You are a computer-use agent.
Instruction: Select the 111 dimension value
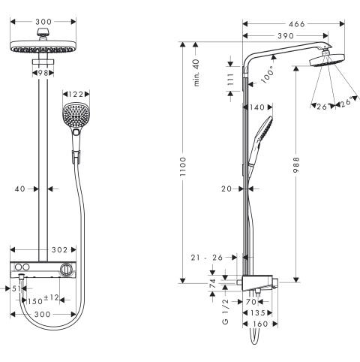[x=231, y=80]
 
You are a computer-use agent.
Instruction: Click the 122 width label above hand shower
[x=75, y=94]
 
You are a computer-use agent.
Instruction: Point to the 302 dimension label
[x=60, y=249]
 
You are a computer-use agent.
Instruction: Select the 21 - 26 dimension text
[x=207, y=258]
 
